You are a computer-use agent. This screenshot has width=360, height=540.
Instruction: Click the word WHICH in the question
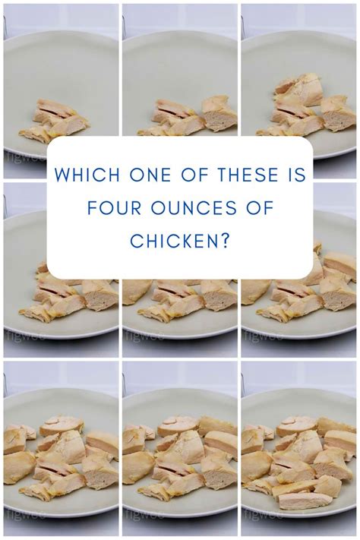87,175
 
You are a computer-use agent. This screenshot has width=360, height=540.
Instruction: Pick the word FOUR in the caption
114,207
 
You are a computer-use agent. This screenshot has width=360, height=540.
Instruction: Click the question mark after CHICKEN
226,241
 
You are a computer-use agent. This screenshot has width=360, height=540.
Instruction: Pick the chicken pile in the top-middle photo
190,118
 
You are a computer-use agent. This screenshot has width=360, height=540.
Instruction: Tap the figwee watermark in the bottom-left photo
25,513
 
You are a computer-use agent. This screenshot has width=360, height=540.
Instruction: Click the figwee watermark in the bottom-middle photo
144,513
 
